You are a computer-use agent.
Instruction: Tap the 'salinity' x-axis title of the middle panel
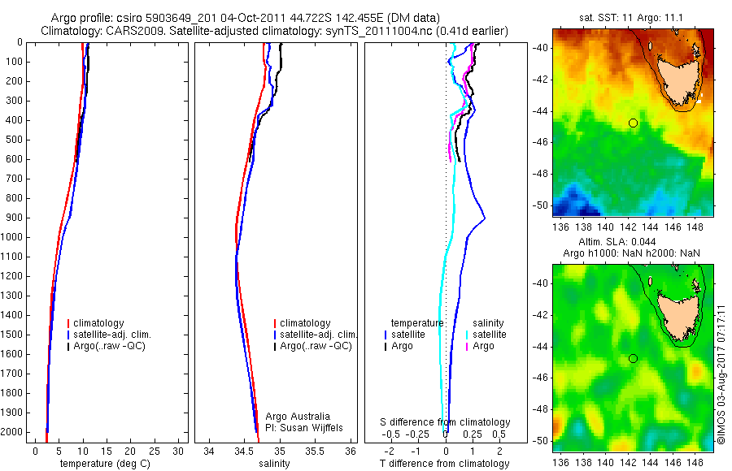[x=274, y=464]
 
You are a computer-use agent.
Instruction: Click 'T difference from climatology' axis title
[x=446, y=464]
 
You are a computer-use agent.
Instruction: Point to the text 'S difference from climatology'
[x=446, y=422]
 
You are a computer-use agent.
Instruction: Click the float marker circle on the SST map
[x=633, y=123]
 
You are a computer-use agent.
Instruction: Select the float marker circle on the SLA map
[x=633, y=358]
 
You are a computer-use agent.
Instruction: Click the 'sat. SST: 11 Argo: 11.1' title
[x=633, y=16]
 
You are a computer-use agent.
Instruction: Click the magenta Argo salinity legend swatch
[x=466, y=347]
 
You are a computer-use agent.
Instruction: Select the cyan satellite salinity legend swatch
[x=466, y=335]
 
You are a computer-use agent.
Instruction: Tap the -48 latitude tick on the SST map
[x=539, y=174]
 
